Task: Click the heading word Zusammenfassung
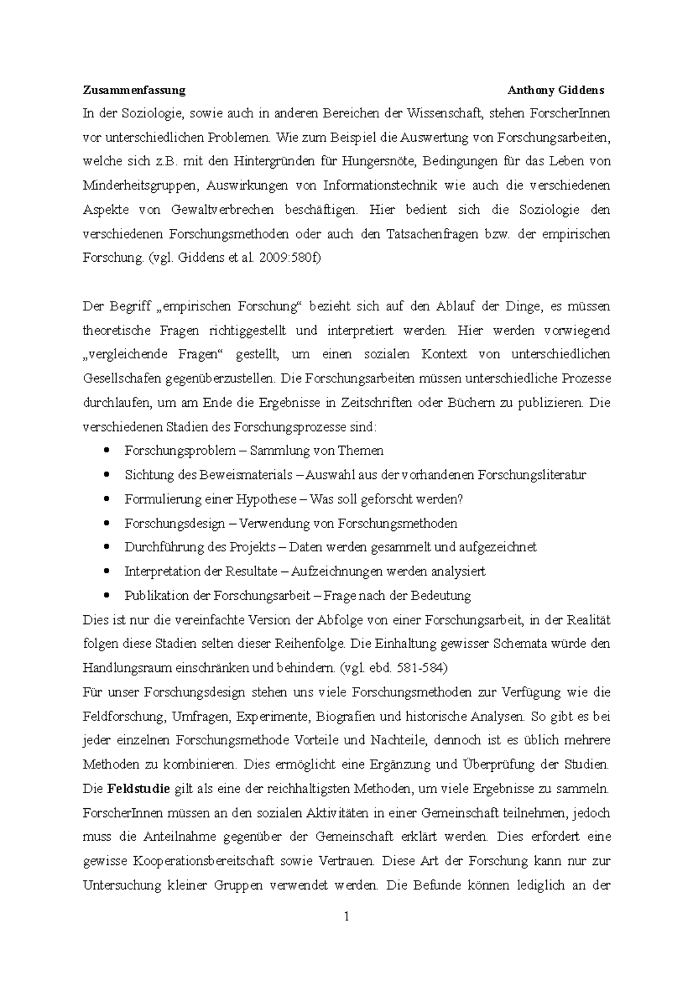(x=134, y=90)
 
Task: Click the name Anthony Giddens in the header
(x=556, y=90)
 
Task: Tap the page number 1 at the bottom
(x=346, y=916)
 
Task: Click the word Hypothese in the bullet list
(x=267, y=499)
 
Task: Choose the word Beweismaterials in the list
(x=247, y=475)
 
